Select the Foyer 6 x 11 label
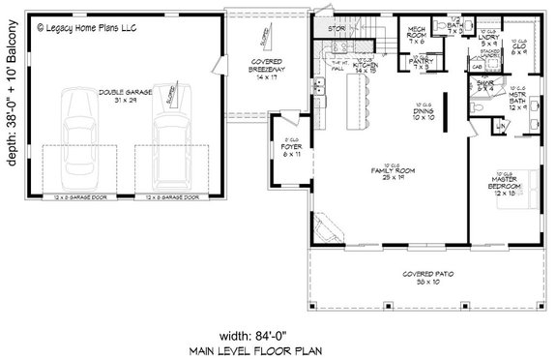[x=285, y=150]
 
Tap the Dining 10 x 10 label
[x=423, y=114]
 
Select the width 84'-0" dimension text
[x=278, y=325]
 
